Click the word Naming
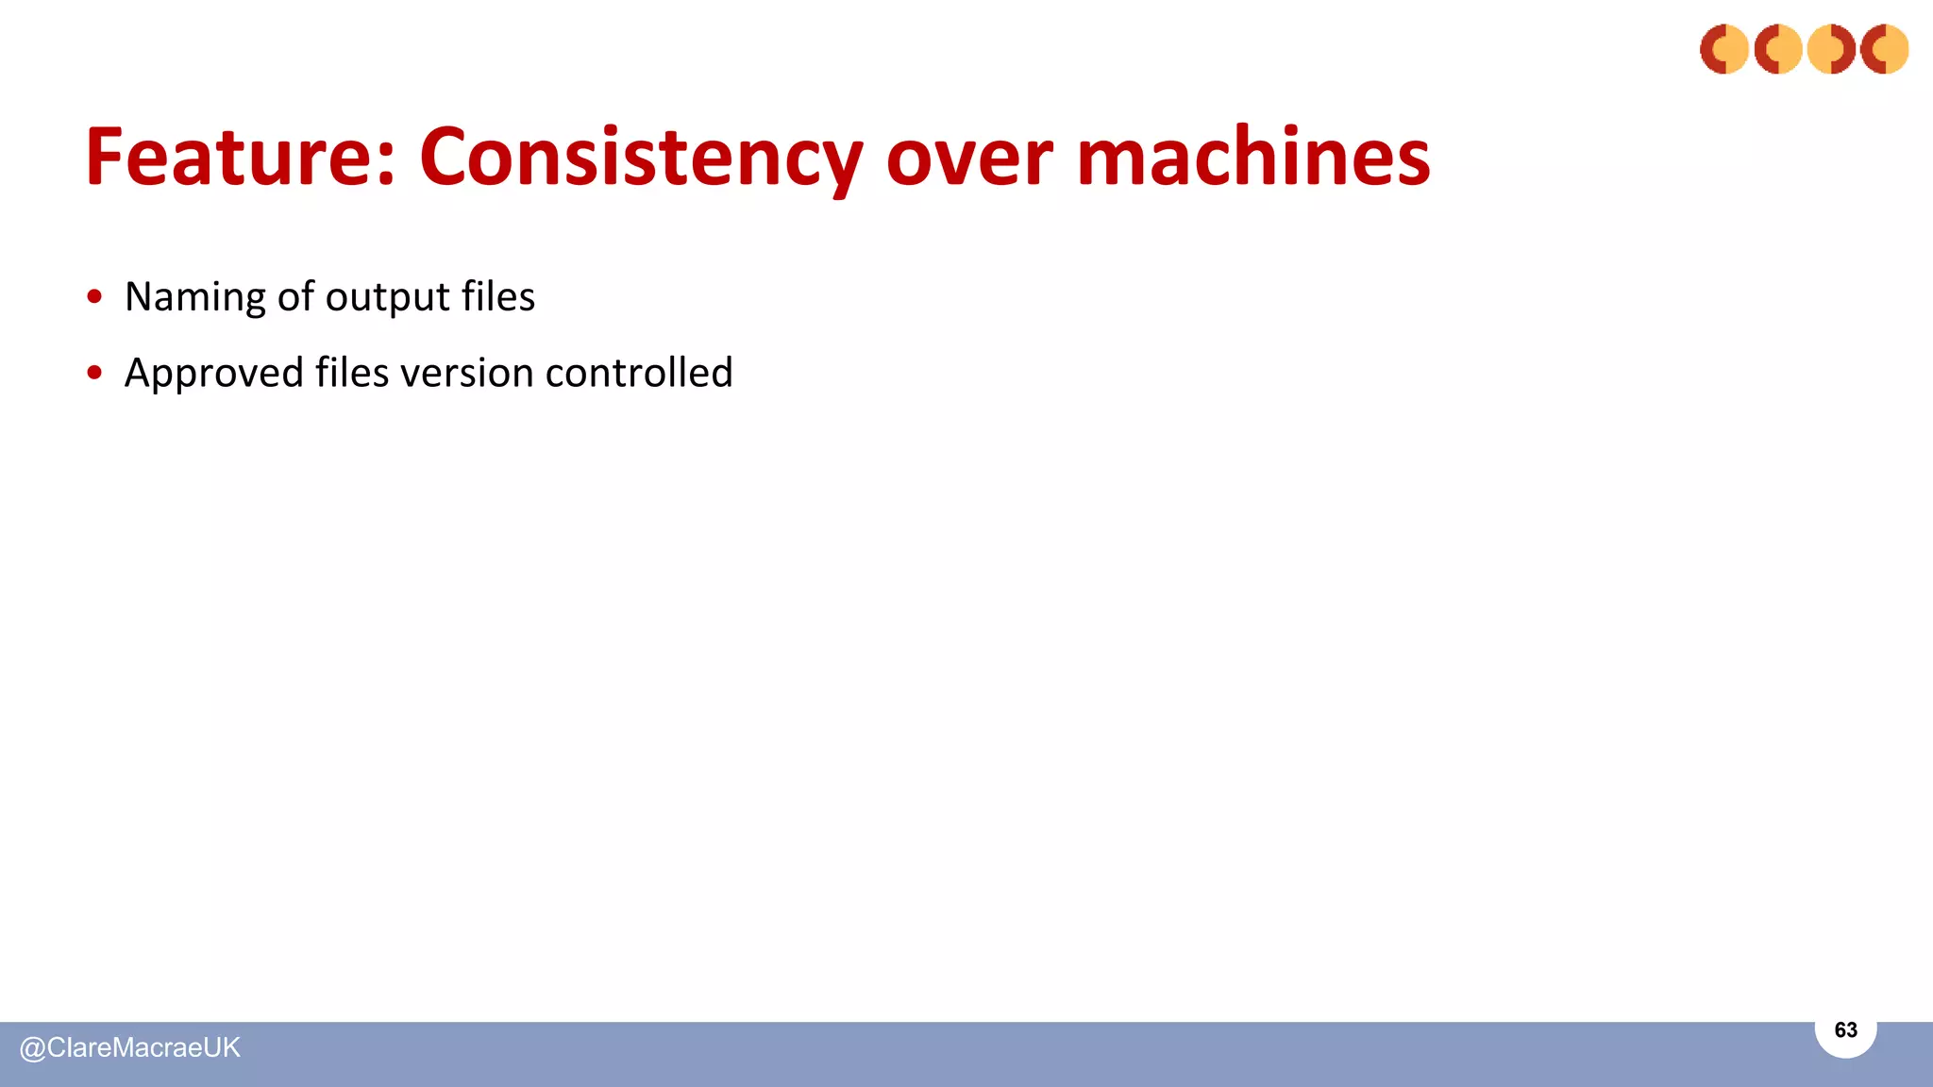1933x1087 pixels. pos(195,297)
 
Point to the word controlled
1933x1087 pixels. pos(639,372)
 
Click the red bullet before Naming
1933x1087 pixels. pos(94,297)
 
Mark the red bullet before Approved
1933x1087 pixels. pos(94,373)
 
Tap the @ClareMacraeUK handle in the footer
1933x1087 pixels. pos(130,1047)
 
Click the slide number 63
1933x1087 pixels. pos(1845,1029)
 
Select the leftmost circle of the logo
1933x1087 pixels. pos(1723,49)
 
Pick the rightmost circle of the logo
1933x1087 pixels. pos(1885,49)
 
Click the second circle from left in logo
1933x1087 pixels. pos(1777,49)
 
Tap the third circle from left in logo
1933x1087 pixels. pos(1831,49)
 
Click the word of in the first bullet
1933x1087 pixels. pos(294,296)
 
